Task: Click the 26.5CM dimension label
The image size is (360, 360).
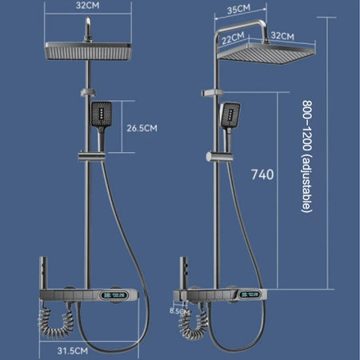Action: [142, 128]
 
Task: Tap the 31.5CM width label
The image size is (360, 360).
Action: [73, 350]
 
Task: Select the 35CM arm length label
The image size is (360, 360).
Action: [238, 9]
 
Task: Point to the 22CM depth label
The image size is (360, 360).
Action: [233, 38]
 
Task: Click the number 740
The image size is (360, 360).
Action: [262, 174]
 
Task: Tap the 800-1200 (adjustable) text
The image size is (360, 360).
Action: [306, 156]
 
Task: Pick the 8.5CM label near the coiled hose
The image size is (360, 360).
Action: [179, 311]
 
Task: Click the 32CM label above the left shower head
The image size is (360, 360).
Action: [87, 6]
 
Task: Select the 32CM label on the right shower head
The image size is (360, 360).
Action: [282, 36]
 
